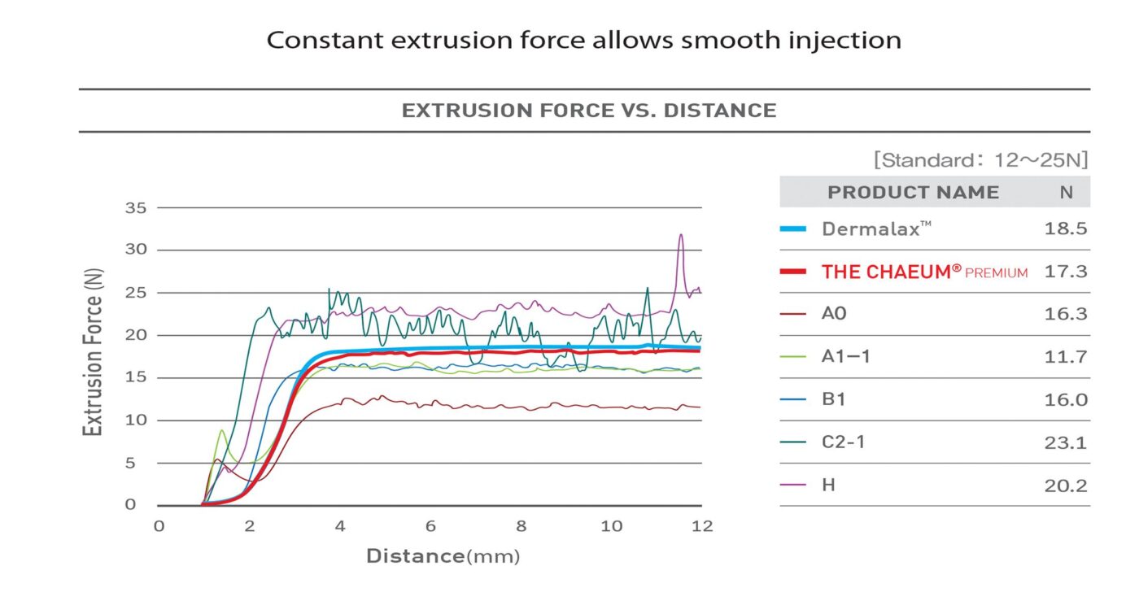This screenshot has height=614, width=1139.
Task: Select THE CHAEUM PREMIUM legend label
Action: [924, 272]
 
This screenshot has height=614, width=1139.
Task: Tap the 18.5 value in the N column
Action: [1065, 229]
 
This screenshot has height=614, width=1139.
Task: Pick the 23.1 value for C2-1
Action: [1065, 442]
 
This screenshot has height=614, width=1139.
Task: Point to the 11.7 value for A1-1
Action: [1065, 356]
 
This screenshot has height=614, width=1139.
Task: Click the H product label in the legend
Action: [829, 486]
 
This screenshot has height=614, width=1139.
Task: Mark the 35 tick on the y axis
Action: [135, 208]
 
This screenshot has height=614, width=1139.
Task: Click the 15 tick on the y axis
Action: [135, 377]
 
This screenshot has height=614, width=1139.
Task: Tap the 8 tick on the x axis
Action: [521, 526]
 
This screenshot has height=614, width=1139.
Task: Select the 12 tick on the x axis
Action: [701, 526]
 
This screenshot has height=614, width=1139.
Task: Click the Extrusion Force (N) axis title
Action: [94, 353]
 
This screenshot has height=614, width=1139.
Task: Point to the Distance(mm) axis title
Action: [443, 556]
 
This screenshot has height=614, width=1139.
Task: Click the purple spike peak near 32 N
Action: [681, 236]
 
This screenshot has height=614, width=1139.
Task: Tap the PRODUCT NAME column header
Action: [913, 193]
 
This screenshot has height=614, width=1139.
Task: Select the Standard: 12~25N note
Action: [980, 159]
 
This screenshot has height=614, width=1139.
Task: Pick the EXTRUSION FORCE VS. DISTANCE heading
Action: [589, 111]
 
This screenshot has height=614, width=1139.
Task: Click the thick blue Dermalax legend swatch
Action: [793, 229]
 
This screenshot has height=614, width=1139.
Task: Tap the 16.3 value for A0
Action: [1065, 314]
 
